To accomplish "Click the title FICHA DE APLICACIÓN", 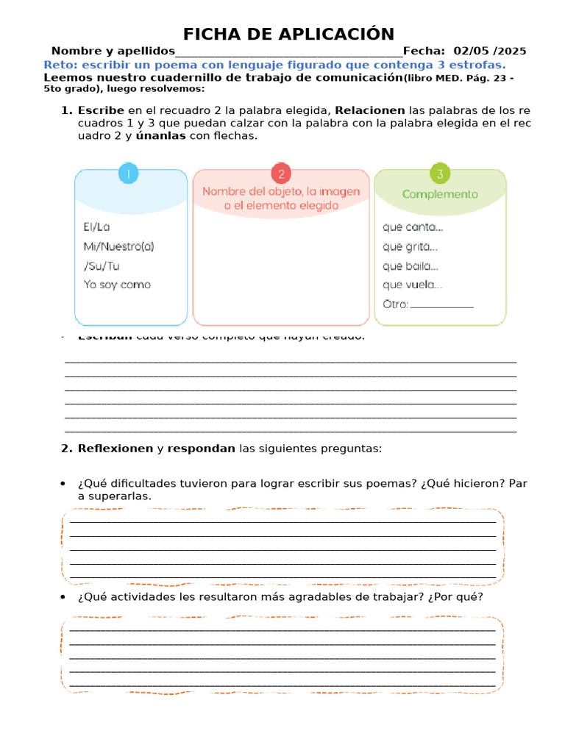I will pos(288,34).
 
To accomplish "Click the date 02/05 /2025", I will pos(490,51).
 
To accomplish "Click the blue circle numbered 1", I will pos(129,174).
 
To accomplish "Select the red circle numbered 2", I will pos(281,174).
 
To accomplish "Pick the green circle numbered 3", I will pos(440,174).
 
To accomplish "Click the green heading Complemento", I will pos(440,194).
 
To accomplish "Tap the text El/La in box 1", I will pos(97,227).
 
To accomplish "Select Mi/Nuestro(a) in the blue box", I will pos(119,246).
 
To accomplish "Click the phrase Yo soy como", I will pos(118,285).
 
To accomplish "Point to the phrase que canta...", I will pos(413,227).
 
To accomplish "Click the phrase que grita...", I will pos(411,247).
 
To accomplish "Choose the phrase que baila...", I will pos(411,266).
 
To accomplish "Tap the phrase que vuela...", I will pos(412,285).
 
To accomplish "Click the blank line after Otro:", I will pos(442,305).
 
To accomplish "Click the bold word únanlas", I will pos(161,136).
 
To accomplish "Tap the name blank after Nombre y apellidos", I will pos(288,51).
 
